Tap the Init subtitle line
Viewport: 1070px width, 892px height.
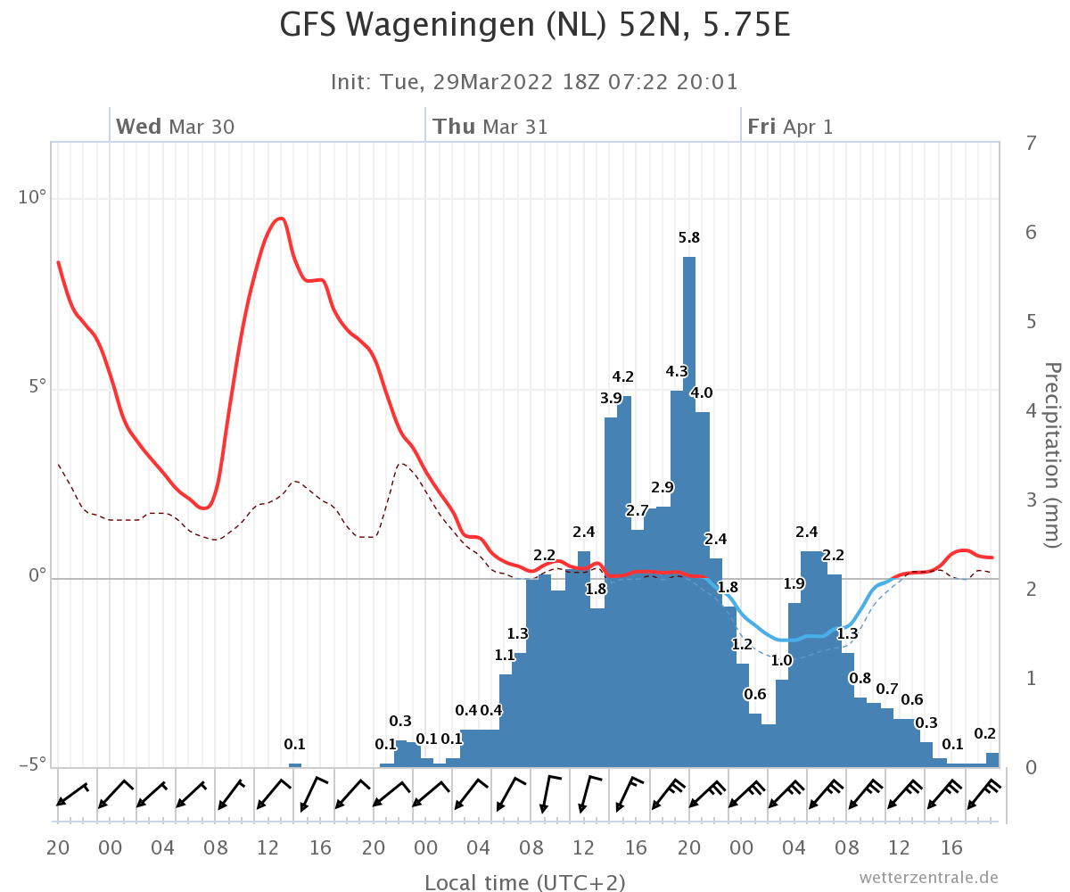pyautogui.click(x=534, y=82)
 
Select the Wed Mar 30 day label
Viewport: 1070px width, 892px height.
pyautogui.click(x=175, y=127)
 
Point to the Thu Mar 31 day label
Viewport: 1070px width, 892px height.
pyautogui.click(x=490, y=127)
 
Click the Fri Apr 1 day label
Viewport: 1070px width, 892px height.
pyautogui.click(x=790, y=127)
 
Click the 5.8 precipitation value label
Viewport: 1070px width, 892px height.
pyautogui.click(x=688, y=237)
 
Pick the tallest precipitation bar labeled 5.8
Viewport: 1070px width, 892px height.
pyautogui.click(x=689, y=512)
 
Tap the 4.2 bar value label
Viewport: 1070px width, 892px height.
pyautogui.click(x=622, y=376)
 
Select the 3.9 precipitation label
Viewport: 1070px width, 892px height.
pyautogui.click(x=611, y=398)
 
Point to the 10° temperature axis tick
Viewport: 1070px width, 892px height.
pyautogui.click(x=32, y=197)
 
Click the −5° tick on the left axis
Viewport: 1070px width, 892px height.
pyautogui.click(x=32, y=764)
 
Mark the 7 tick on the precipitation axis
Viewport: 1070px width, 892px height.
pyautogui.click(x=1031, y=143)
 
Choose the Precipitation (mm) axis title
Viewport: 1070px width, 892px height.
pyautogui.click(x=1052, y=455)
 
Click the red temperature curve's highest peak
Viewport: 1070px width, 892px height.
pyautogui.click(x=280, y=219)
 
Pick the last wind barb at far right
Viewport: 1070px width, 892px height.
pyautogui.click(x=984, y=794)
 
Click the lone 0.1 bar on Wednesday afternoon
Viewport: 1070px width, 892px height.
pyautogui.click(x=294, y=764)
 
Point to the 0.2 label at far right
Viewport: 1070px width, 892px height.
pyautogui.click(x=984, y=733)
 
